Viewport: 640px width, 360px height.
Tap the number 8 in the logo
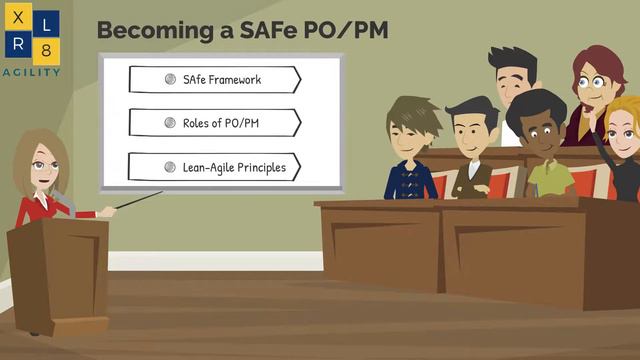pos(47,50)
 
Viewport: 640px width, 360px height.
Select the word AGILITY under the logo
pos(30,72)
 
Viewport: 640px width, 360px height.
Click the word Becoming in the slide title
pos(153,30)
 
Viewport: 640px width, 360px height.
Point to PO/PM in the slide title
pos(351,30)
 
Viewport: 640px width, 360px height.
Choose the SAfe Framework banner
pos(215,79)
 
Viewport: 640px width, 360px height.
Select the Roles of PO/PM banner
pos(215,123)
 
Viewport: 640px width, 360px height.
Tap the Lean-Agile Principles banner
pos(215,167)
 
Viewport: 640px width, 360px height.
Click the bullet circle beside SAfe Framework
pos(170,79)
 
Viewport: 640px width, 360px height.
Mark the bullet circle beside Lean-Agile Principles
pos(170,167)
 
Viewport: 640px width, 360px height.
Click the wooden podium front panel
pos(59,275)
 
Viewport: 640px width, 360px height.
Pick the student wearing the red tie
pos(473,150)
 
